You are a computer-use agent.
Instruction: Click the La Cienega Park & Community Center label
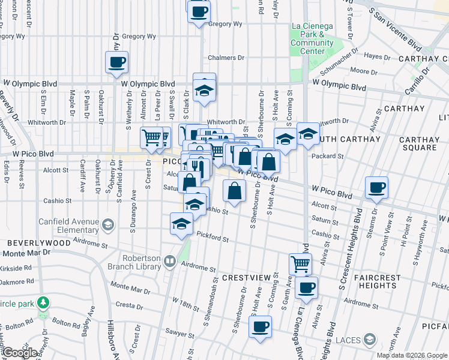(x=312, y=38)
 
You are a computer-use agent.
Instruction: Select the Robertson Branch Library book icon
(x=170, y=261)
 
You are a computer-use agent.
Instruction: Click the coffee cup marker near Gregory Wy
(x=199, y=11)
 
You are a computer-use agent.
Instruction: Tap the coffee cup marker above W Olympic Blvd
(x=117, y=62)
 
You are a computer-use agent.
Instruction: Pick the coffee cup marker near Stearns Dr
(x=376, y=188)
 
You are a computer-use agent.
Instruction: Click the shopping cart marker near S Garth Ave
(x=300, y=263)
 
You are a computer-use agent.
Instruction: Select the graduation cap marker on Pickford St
(x=181, y=224)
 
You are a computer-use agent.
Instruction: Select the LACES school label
(x=348, y=340)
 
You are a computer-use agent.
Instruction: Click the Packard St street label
(x=327, y=156)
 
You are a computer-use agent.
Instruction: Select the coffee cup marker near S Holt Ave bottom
(x=261, y=327)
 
